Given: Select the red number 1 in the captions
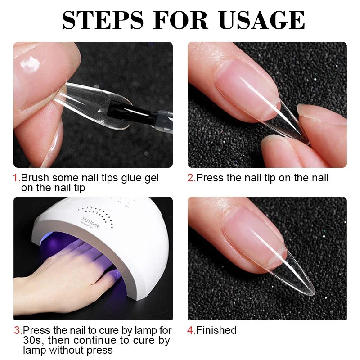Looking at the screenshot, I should click(16, 178).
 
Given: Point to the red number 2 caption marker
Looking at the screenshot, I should click(190, 178).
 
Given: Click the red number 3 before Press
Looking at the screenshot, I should click(17, 331).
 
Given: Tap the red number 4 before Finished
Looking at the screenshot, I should click(190, 330).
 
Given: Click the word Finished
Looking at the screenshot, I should click(216, 330).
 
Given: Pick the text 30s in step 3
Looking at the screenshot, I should click(31, 340).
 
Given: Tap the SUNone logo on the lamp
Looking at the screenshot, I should click(92, 221).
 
